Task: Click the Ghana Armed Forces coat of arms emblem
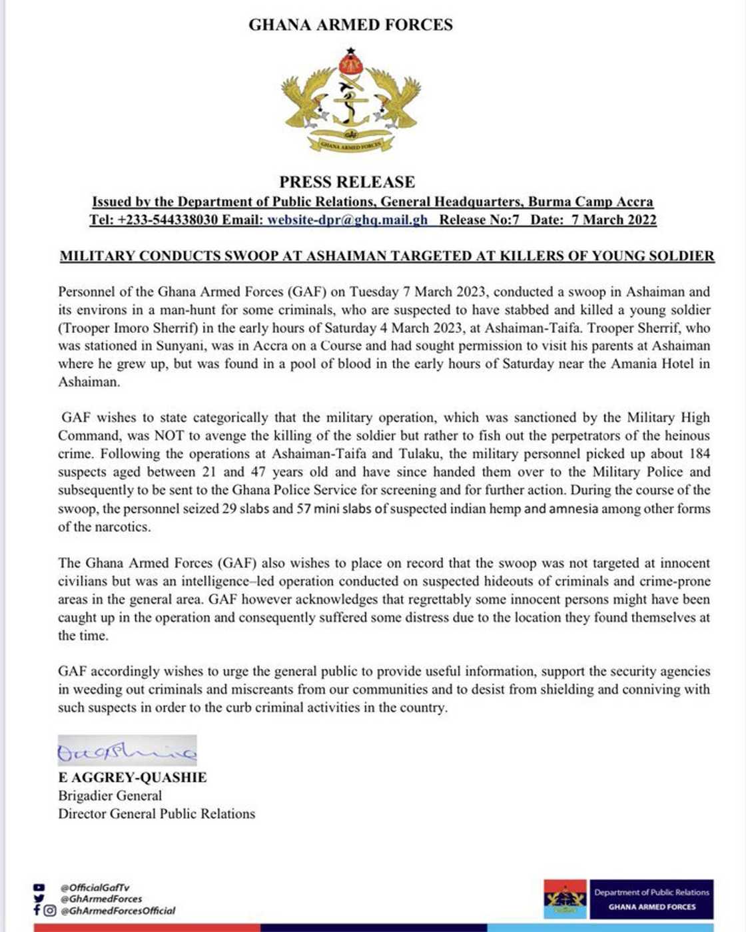[x=350, y=100]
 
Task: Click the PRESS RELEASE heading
[x=347, y=182]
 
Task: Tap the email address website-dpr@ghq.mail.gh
[x=347, y=220]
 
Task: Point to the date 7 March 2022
[x=613, y=220]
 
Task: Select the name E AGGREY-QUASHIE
[x=133, y=777]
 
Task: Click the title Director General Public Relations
[x=157, y=814]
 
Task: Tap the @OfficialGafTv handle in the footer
[x=95, y=887]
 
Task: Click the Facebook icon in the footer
[x=37, y=910]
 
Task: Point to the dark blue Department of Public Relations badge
[x=651, y=899]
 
